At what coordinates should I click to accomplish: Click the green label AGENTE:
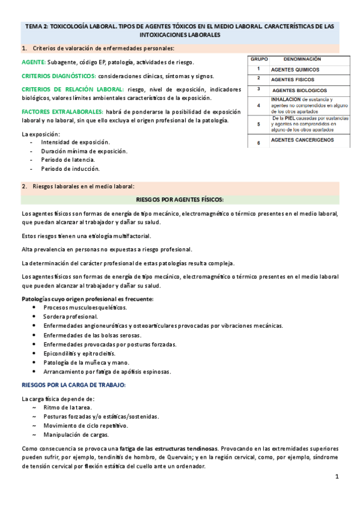pyautogui.click(x=33, y=63)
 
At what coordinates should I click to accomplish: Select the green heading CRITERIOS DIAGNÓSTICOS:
pyautogui.click(x=58, y=76)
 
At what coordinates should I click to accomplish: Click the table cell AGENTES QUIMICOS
pyautogui.click(x=295, y=70)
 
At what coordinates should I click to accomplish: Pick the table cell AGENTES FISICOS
pyautogui.click(x=292, y=79)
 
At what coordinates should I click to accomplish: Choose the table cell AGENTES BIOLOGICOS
pyautogui.click(x=299, y=90)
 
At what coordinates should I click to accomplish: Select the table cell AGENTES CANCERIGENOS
pyautogui.click(x=302, y=140)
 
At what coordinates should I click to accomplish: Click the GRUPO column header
pyautogui.click(x=259, y=60)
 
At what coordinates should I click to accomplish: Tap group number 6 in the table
pyautogui.click(x=258, y=143)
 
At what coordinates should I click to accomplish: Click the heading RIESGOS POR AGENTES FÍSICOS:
pyautogui.click(x=180, y=199)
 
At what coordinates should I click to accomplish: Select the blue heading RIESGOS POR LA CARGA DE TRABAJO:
pyautogui.click(x=73, y=384)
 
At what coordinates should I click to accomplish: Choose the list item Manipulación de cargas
pyautogui.click(x=77, y=434)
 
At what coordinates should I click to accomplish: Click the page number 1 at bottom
pyautogui.click(x=337, y=477)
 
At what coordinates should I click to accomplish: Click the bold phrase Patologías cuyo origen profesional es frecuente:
pyautogui.click(x=87, y=299)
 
